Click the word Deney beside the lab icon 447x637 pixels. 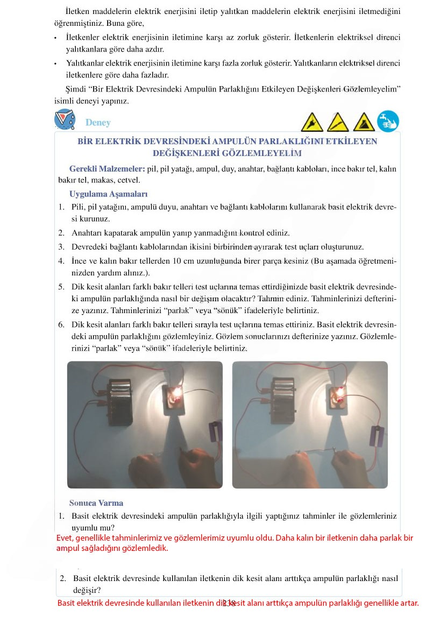[98, 123]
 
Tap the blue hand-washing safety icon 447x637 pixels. [388, 121]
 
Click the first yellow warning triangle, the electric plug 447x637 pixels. [312, 123]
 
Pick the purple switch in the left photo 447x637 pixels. [215, 430]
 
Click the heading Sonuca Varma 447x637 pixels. [96, 503]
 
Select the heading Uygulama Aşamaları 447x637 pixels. [108, 194]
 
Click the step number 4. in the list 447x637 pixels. [61, 261]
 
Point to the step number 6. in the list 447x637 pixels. [61, 325]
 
